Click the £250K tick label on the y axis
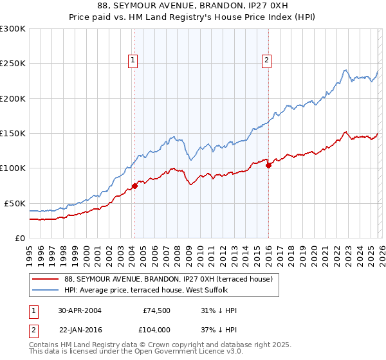pos(13,64)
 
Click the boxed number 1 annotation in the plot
pos(133,61)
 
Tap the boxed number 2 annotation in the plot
pos(266,61)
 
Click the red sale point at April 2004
pos(134,186)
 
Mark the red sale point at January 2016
pos(268,165)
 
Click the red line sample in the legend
pos(46,279)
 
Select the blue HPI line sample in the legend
pos(46,290)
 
